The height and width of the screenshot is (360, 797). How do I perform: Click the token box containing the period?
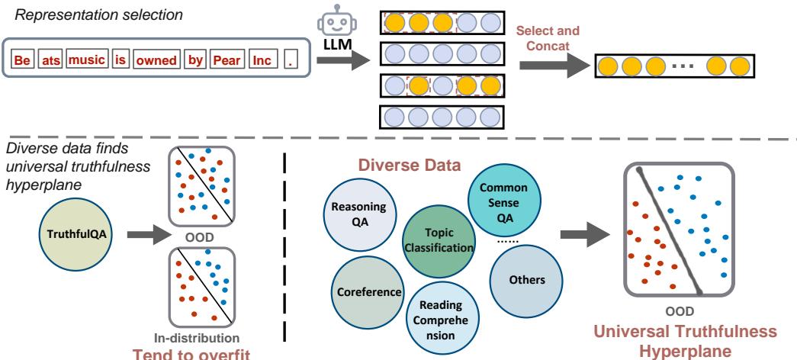(289, 59)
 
